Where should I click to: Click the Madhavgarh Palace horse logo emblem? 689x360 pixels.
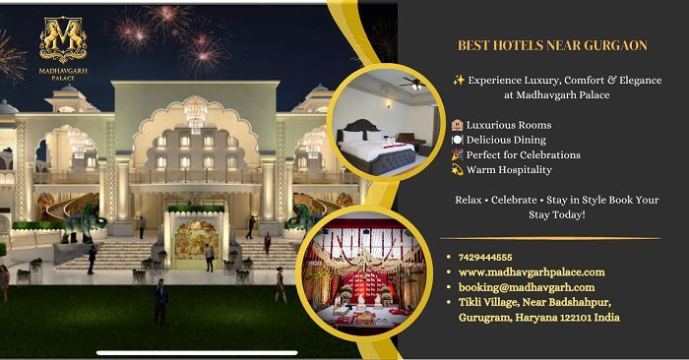tap(63, 39)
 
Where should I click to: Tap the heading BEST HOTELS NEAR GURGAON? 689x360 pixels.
tap(552, 45)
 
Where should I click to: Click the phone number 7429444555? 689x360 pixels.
tap(485, 258)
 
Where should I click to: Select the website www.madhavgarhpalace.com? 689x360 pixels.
tap(532, 272)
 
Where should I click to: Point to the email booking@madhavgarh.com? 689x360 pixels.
tap(527, 287)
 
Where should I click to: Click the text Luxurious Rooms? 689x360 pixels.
tap(509, 125)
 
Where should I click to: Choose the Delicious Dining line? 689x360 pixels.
tap(506, 140)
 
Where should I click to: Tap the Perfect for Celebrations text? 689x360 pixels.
tap(524, 155)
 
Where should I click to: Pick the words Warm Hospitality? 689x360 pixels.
tap(509, 170)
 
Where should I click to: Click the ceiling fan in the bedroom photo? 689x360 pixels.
tap(414, 83)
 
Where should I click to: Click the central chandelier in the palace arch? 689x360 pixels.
tap(195, 114)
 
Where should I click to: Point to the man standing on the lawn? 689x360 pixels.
tap(160, 302)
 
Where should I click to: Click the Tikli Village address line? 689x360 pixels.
tap(534, 302)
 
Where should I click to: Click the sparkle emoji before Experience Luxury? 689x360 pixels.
tap(459, 80)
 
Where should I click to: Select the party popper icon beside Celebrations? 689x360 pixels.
tap(457, 154)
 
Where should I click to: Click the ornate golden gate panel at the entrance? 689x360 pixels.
tap(196, 240)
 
